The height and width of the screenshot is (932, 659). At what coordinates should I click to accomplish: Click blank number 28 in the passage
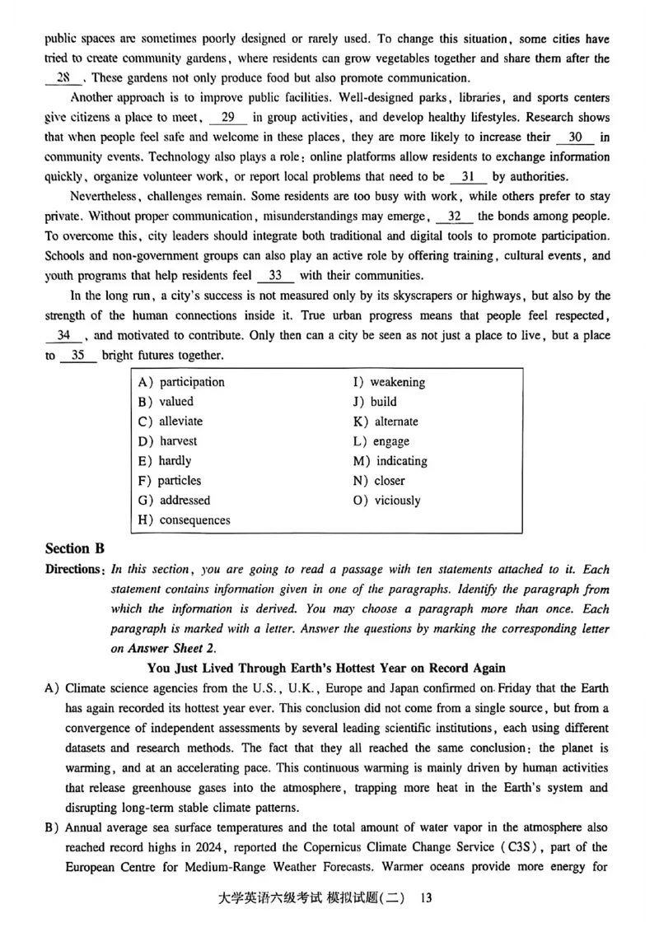63,78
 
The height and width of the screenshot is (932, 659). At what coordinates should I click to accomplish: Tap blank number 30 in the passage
575,137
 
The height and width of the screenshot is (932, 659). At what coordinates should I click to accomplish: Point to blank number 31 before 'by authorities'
468,176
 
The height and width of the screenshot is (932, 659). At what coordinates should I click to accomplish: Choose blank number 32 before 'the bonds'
454,217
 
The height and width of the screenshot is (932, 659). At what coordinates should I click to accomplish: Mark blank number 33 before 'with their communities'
275,276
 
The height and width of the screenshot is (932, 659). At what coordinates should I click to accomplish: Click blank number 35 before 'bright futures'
78,355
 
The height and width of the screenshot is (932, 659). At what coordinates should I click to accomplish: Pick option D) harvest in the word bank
168,441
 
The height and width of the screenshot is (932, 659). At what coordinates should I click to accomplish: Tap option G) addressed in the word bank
174,501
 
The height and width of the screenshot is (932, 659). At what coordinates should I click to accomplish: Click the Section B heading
75,549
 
